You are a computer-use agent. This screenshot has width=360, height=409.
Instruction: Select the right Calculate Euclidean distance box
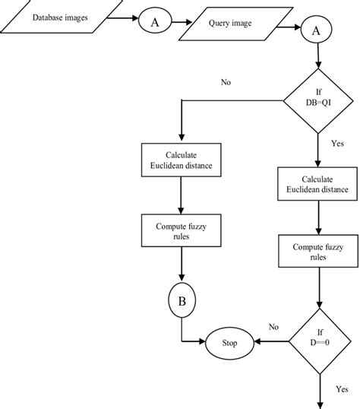tap(315, 183)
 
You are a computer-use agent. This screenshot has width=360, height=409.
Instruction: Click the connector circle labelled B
tap(182, 302)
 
